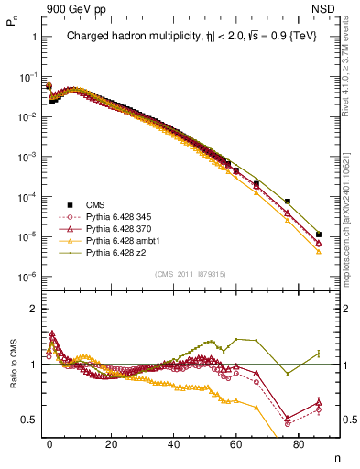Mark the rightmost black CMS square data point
pos(318,234)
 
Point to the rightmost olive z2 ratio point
pos(318,354)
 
